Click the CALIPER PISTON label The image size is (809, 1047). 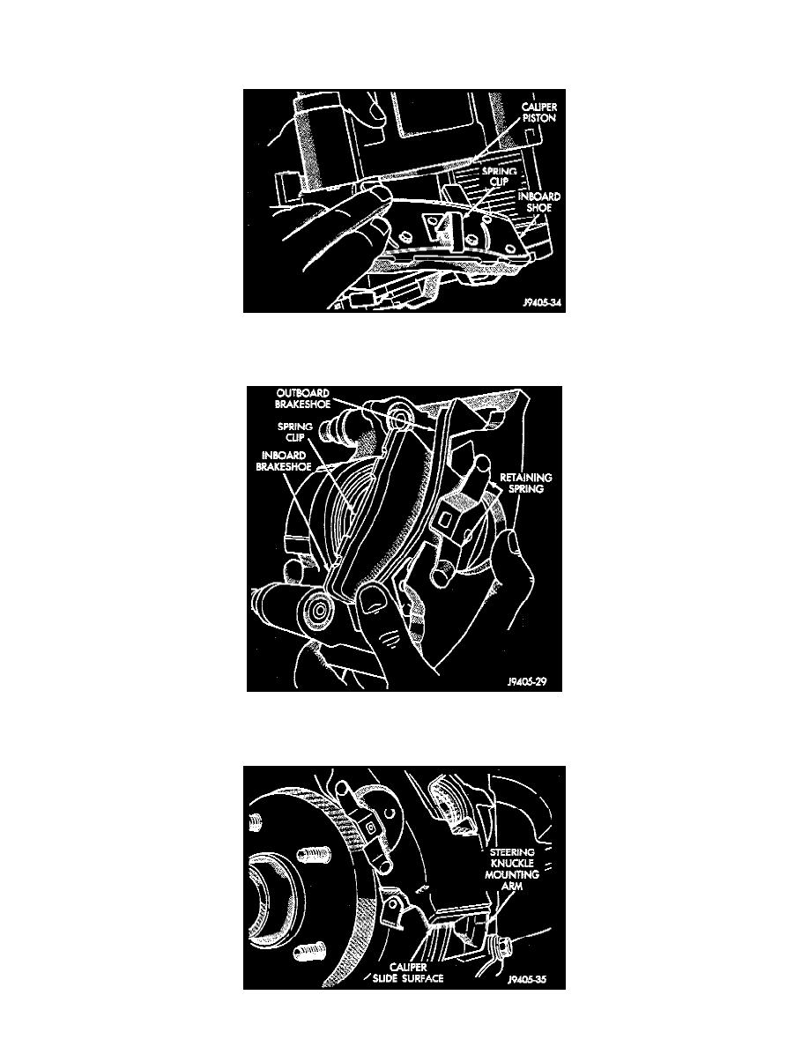(538, 112)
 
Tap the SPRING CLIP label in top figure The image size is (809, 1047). (500, 176)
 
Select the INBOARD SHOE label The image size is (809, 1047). (539, 202)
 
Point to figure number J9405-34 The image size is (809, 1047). (542, 303)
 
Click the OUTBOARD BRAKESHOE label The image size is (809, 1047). (303, 398)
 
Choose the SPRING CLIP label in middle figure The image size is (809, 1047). (295, 432)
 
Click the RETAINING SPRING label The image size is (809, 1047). (526, 483)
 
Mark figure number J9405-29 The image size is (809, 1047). (527, 682)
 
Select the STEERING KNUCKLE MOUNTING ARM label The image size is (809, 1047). (513, 869)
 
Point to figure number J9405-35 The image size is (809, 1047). (527, 981)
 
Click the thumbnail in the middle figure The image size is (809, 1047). (373, 599)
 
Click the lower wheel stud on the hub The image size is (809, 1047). (309, 951)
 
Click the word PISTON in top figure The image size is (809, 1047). (539, 118)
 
